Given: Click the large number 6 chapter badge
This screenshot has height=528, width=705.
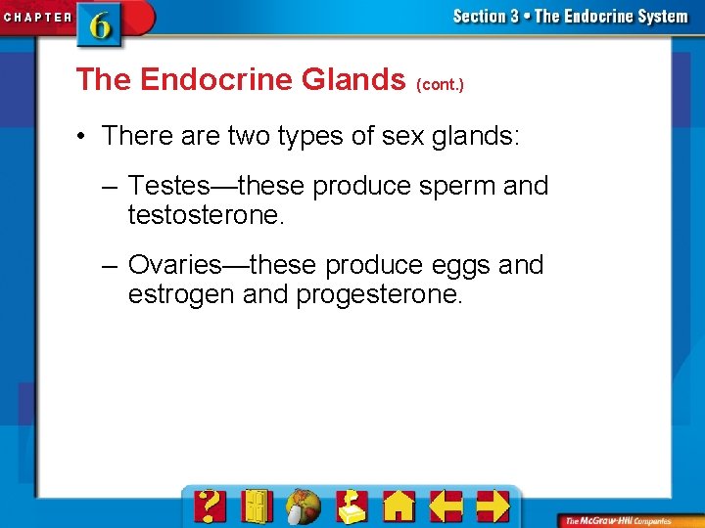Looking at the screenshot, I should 101,23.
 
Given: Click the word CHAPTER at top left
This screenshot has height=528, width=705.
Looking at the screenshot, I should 37,17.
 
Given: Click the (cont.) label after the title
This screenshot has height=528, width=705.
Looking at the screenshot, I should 440,85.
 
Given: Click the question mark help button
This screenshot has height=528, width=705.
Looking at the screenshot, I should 210,506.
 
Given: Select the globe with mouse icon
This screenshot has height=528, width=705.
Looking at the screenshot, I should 304,506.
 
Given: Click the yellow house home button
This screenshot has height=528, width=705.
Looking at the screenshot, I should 399,506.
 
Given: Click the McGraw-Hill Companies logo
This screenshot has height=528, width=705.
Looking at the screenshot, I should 627,520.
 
